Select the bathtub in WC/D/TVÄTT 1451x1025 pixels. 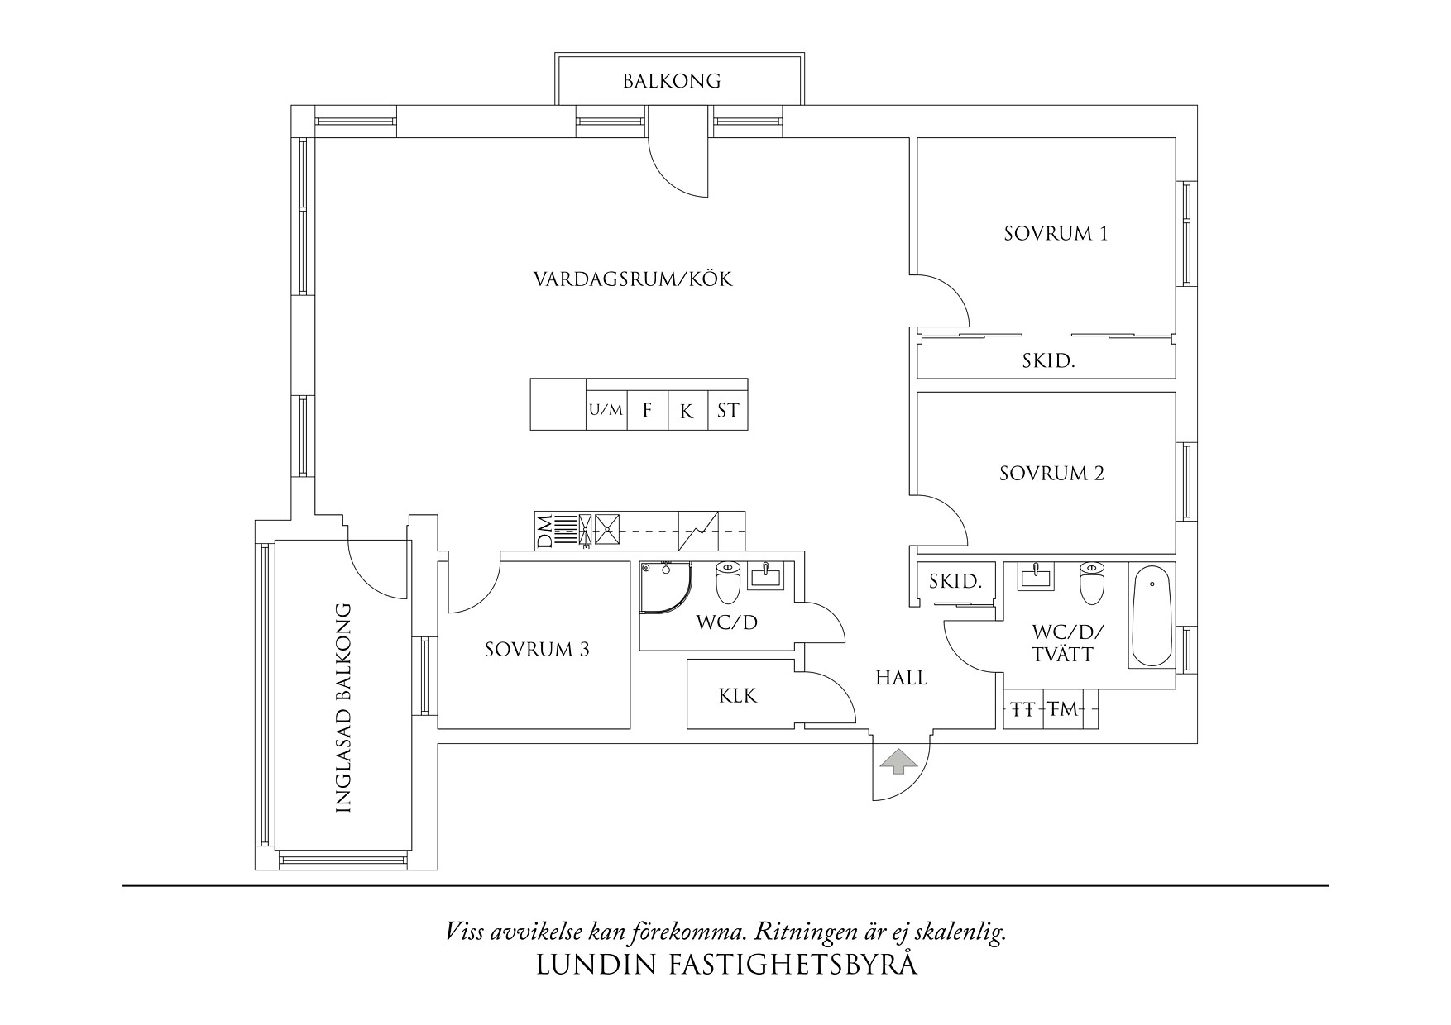(x=1152, y=616)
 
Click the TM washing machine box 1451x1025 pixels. (x=1063, y=709)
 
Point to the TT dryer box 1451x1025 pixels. (x=1023, y=709)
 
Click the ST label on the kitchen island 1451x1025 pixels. (x=728, y=410)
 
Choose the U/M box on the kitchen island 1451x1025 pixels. (x=606, y=410)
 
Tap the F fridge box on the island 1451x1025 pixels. (x=648, y=410)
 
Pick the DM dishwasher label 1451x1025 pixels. (x=544, y=531)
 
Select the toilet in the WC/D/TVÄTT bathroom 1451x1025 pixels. (x=1091, y=584)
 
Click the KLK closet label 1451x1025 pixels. (x=737, y=696)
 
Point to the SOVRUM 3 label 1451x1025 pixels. (x=537, y=650)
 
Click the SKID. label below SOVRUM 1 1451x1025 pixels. (x=1047, y=361)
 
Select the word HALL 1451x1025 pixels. (x=901, y=679)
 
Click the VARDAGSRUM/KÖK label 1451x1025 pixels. (x=633, y=279)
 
